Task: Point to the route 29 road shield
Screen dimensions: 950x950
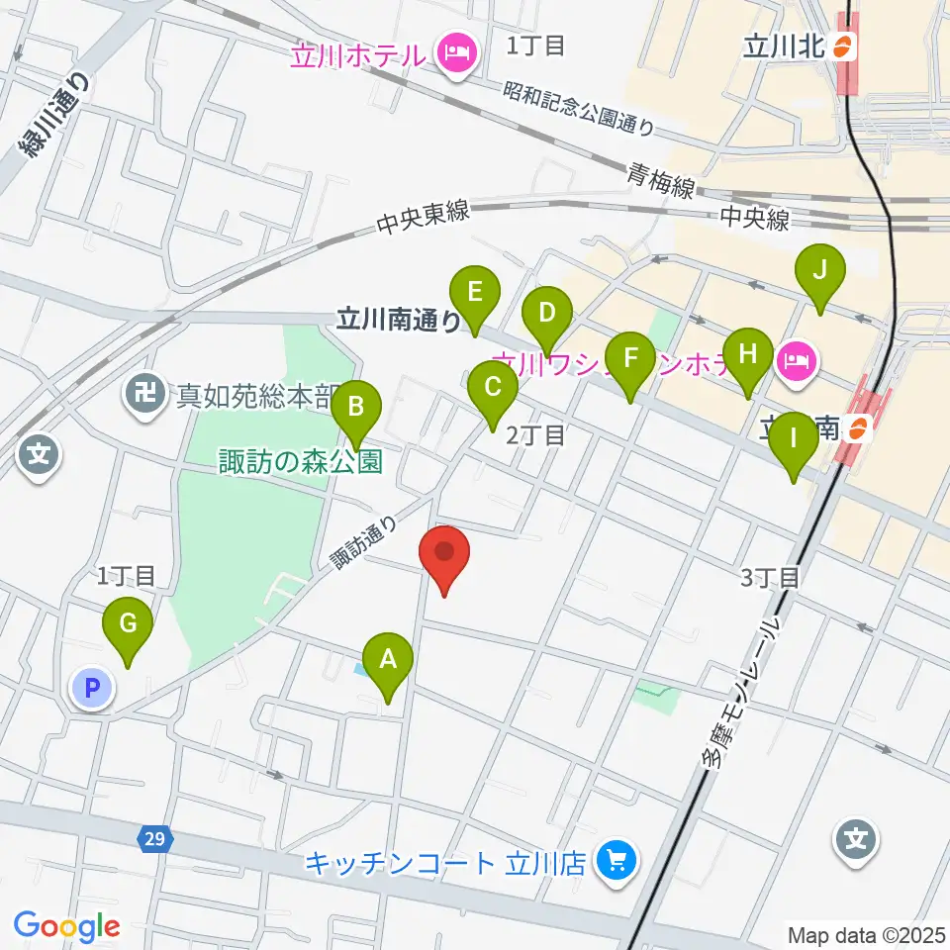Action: coord(152,839)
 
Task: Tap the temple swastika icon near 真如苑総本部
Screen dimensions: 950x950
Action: coord(145,398)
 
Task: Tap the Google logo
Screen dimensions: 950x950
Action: coord(66,926)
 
